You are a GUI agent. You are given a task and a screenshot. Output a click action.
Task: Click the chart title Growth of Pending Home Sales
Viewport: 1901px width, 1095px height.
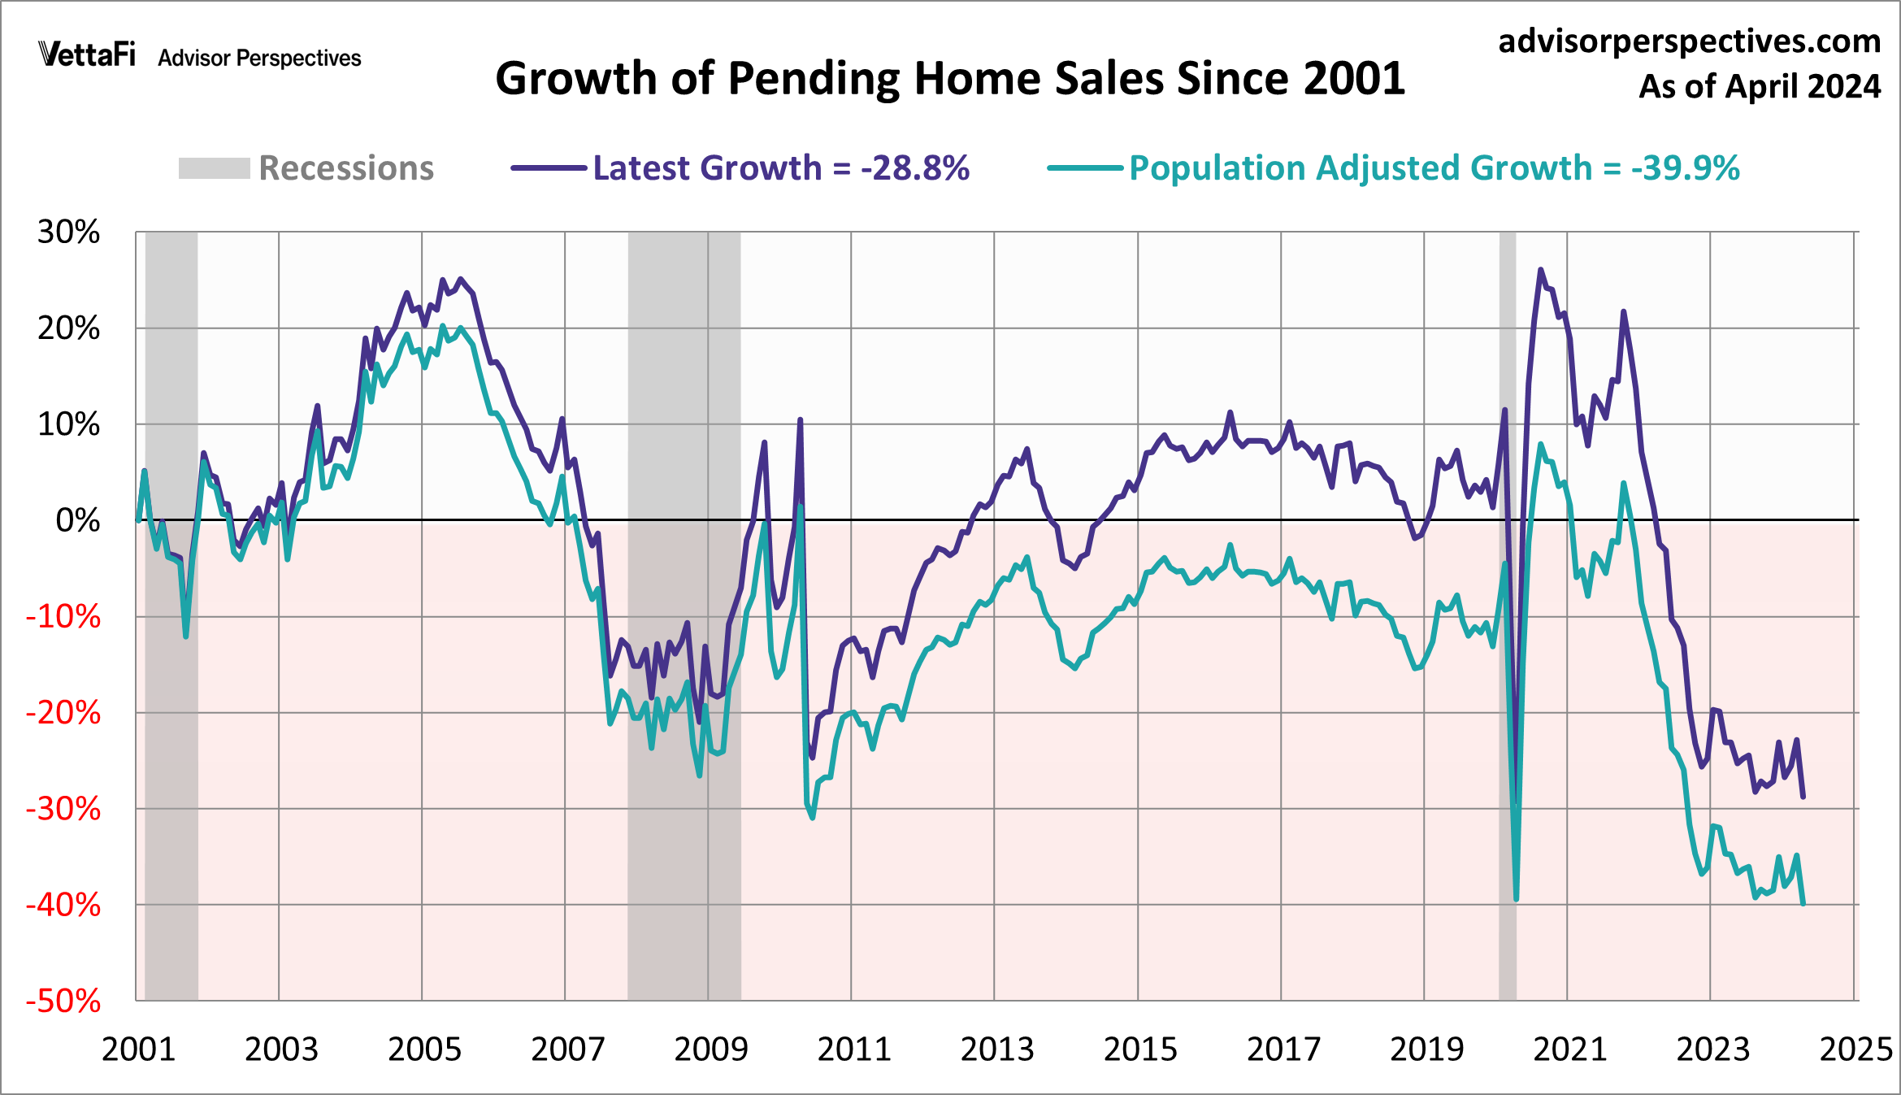(x=949, y=79)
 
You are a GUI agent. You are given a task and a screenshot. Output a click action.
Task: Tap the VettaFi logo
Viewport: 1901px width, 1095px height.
(x=88, y=54)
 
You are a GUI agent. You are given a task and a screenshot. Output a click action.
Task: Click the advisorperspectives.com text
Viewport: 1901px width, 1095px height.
(x=1689, y=41)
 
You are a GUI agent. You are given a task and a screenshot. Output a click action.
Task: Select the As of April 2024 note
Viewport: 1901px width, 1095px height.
(x=1759, y=86)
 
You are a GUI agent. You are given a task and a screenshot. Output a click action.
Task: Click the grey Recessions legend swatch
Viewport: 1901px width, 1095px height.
(x=214, y=168)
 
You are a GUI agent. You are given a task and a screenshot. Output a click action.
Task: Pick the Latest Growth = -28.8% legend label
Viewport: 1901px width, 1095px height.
(x=780, y=168)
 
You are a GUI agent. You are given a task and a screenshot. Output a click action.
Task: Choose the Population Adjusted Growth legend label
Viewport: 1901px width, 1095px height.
(x=1434, y=168)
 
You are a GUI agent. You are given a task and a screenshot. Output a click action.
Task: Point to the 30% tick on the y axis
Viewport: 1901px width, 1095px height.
(x=68, y=232)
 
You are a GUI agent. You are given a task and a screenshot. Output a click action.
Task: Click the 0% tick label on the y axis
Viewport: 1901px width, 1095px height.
(x=77, y=520)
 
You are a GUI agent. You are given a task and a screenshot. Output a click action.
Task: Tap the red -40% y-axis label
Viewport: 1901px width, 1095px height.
(x=63, y=905)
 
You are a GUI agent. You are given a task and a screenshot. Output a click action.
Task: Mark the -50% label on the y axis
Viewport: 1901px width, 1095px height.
(x=63, y=1001)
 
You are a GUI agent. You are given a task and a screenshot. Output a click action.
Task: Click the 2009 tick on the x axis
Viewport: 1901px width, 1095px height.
(x=710, y=1049)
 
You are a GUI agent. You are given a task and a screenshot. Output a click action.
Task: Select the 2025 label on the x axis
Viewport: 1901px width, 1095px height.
(x=1855, y=1049)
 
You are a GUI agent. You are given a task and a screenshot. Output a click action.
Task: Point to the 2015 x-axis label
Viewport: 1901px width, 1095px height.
(x=1139, y=1049)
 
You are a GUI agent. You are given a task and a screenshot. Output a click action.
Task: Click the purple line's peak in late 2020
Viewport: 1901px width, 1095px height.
(x=1540, y=270)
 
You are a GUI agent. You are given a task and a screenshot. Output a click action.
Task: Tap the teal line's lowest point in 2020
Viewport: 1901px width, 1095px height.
(x=1516, y=899)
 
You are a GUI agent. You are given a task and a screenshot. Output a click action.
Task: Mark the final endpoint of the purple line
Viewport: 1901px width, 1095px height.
(x=1803, y=797)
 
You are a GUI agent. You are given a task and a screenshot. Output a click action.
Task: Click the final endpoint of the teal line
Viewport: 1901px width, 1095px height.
(x=1803, y=903)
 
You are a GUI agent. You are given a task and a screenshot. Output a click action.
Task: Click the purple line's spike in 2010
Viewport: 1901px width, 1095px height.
(x=800, y=420)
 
